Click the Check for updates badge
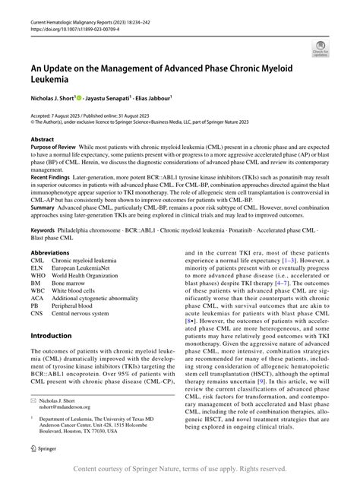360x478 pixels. [320, 49]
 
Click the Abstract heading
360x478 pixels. [43, 141]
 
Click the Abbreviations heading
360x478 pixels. [54, 252]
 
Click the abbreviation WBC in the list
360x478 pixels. [38, 290]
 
